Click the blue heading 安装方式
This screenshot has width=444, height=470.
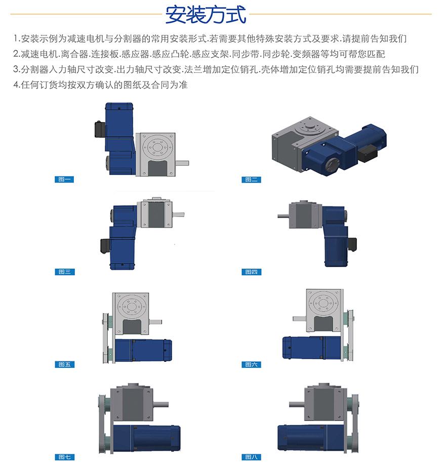pos(206,14)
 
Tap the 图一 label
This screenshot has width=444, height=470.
pos(64,179)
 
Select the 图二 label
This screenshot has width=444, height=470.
pos(251,179)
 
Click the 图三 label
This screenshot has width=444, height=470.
pos(64,272)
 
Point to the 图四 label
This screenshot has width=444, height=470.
pos(252,272)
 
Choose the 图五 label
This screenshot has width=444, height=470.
pos(64,364)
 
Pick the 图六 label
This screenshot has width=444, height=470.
pos(252,364)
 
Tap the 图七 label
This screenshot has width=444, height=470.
pos(64,457)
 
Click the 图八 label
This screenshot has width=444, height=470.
pos(252,457)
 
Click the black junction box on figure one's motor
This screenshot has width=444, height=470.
pos(100,129)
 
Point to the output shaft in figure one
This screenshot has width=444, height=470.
pos(182,163)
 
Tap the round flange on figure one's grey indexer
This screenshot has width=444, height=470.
pos(157,147)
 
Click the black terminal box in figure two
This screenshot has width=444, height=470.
pos(368,152)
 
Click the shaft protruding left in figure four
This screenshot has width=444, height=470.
pos(283,216)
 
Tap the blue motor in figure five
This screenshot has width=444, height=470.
pos(143,350)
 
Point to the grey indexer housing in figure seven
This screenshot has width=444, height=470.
pos(132,402)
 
